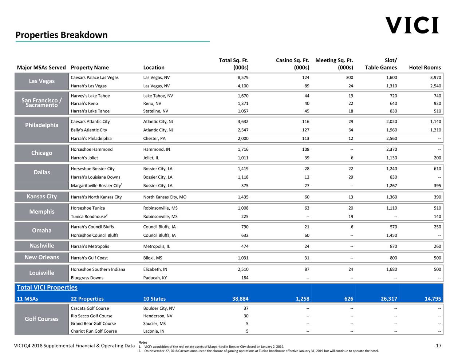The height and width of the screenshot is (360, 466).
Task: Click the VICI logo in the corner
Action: (x=412, y=25)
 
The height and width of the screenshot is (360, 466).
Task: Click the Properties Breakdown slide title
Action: (x=62, y=35)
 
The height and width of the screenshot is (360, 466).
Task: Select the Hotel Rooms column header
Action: (x=425, y=67)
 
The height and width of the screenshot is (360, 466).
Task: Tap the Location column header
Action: (x=154, y=67)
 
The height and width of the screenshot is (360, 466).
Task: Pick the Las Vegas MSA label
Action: (x=42, y=81)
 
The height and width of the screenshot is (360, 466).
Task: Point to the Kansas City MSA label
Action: (x=42, y=197)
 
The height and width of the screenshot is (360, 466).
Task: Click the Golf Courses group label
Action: (x=42, y=319)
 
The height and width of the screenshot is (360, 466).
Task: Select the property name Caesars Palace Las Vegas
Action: (x=95, y=78)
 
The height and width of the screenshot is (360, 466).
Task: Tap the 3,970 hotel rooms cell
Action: (x=435, y=78)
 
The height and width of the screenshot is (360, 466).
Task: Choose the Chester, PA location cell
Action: (x=154, y=138)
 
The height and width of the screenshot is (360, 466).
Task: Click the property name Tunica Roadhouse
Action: (x=88, y=217)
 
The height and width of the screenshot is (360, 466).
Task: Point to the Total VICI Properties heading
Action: (x=47, y=288)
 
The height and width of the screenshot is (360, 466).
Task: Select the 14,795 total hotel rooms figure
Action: (x=433, y=299)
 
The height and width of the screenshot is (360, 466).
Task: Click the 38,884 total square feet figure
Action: (x=240, y=299)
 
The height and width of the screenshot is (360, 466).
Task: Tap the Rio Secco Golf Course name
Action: (x=91, y=316)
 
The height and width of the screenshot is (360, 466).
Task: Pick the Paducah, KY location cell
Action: (x=155, y=278)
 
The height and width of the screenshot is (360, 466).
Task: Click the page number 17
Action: (x=438, y=345)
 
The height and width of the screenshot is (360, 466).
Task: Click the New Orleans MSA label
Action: (x=42, y=257)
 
